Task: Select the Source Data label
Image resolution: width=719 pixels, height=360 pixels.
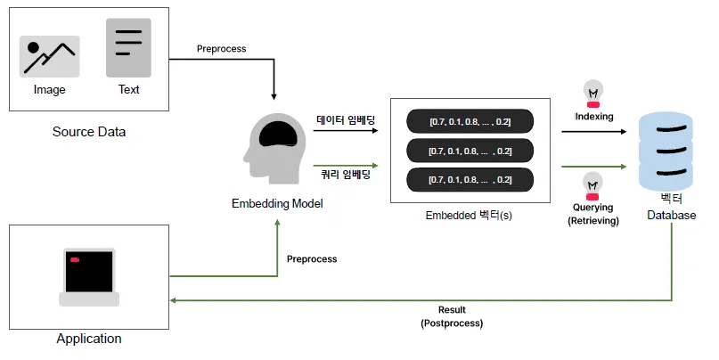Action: [89, 132]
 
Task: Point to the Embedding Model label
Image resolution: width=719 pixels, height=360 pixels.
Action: [277, 203]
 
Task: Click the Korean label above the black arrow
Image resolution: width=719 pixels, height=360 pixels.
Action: [346, 119]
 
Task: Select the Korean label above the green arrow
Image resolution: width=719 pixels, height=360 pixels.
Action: [346, 175]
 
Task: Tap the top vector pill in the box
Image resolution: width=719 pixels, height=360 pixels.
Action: [470, 121]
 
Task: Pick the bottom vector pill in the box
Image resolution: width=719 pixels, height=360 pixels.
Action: [470, 180]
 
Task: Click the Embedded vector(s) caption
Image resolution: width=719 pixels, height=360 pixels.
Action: [469, 215]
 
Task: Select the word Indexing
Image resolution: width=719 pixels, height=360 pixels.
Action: [594, 116]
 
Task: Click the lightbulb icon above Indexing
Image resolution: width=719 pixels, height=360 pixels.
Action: [593, 92]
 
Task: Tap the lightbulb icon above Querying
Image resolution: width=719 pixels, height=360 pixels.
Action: [593, 186]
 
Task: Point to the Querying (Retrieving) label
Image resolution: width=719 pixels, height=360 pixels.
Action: [593, 214]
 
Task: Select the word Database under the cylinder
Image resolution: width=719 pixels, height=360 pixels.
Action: [671, 215]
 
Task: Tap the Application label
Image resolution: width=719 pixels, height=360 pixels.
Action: [89, 339]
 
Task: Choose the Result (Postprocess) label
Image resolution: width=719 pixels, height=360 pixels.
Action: [452, 316]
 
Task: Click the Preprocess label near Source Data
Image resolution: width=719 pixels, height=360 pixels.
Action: [221, 49]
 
